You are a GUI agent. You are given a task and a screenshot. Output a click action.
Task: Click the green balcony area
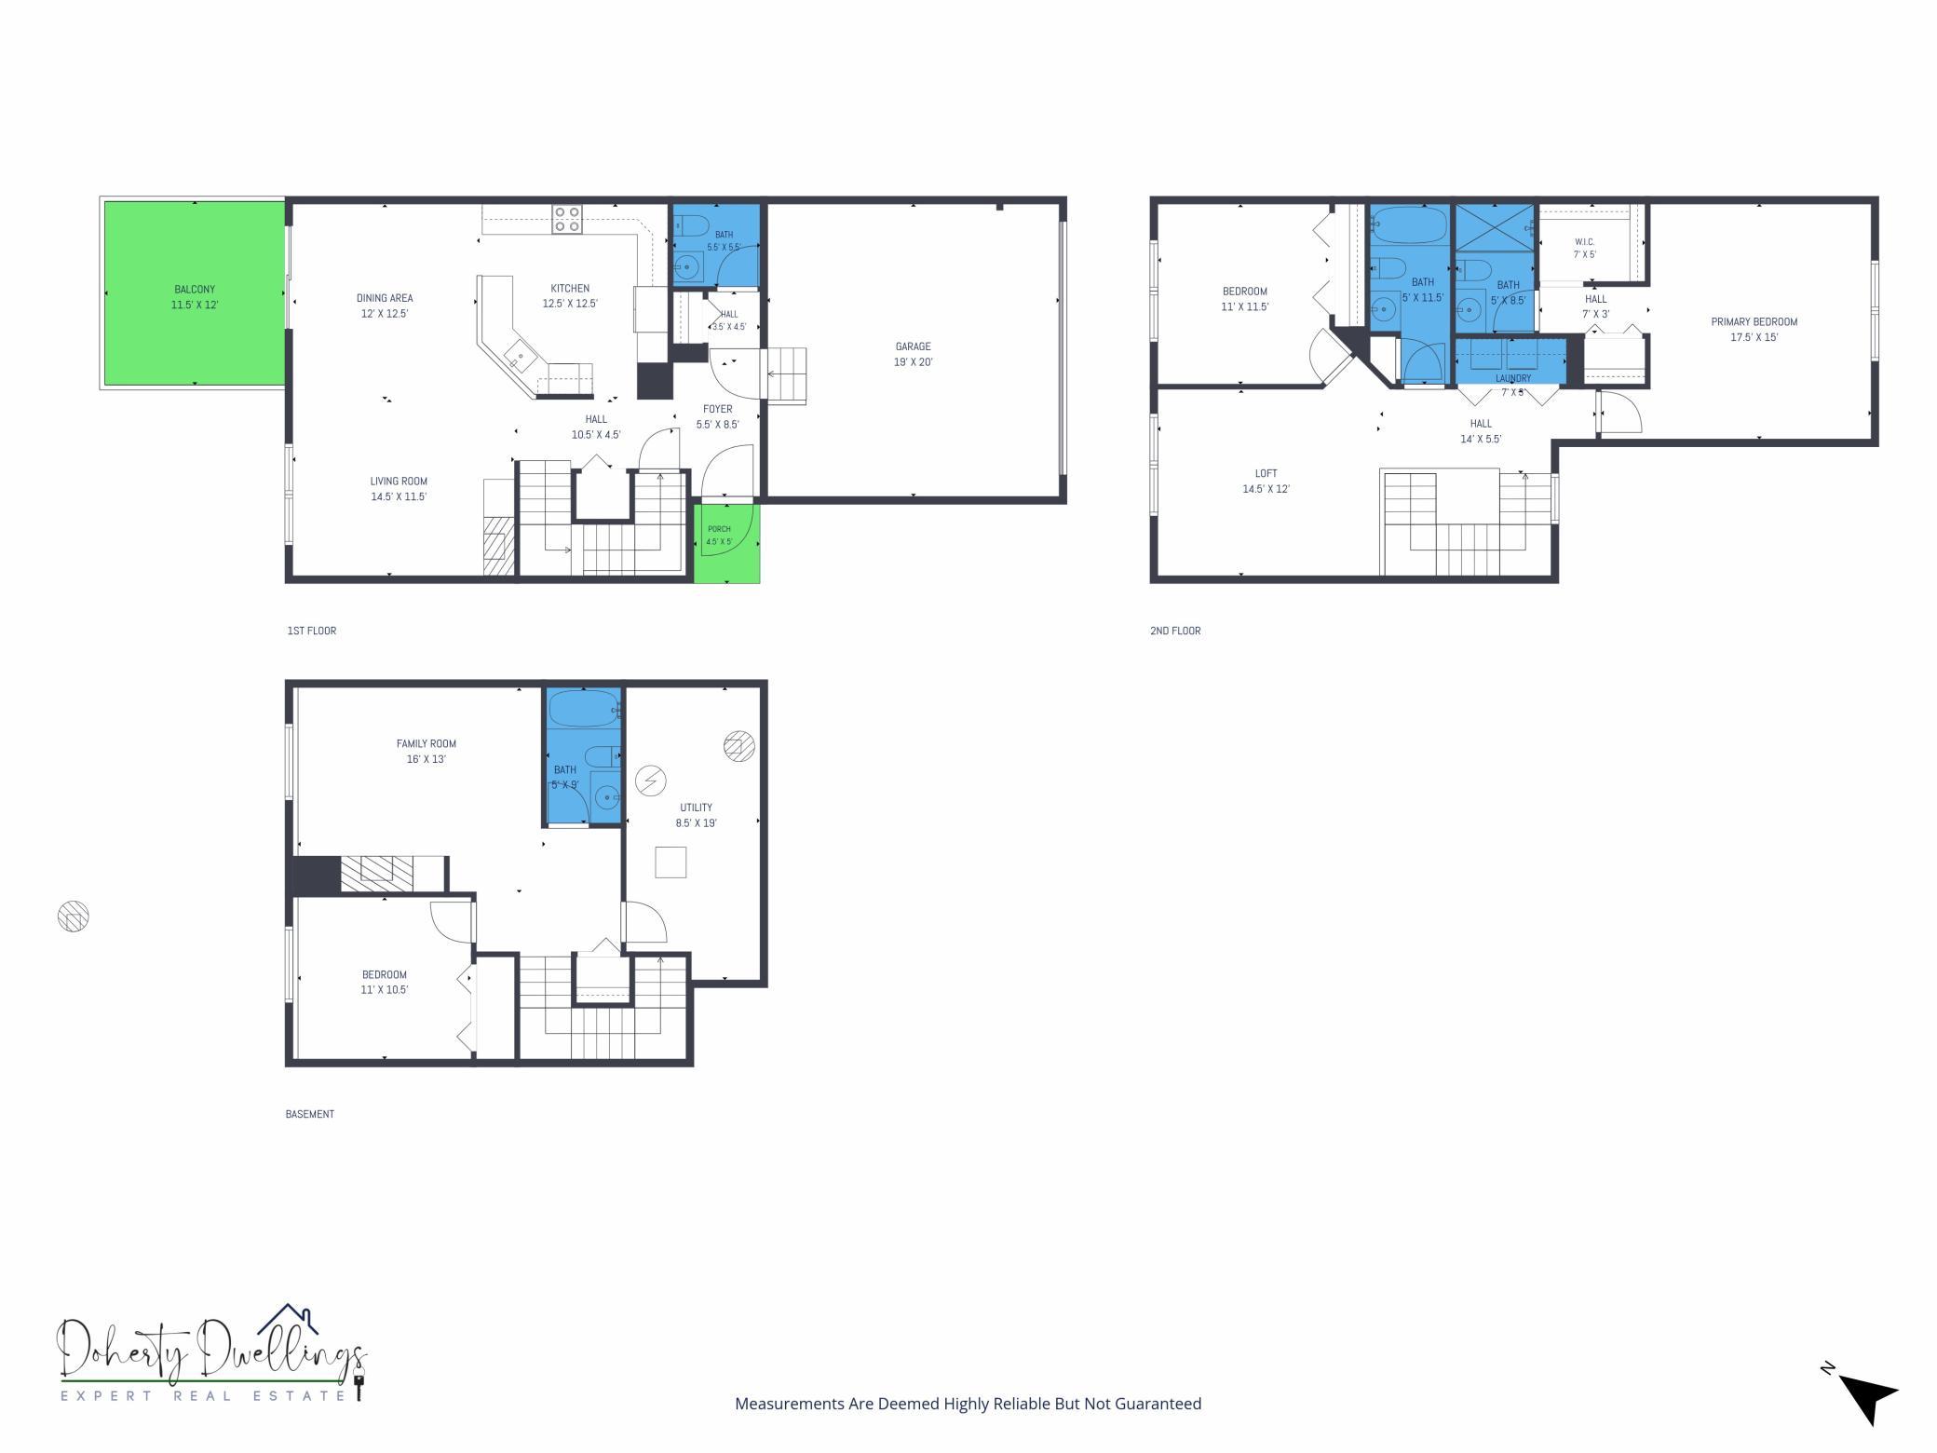pyautogui.click(x=194, y=292)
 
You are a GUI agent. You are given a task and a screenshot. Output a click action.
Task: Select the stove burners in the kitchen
pyautogui.click(x=567, y=219)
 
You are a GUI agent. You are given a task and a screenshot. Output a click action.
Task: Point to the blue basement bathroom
pyautogui.click(x=583, y=756)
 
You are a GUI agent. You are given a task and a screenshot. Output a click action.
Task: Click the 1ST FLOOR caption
pyautogui.click(x=312, y=631)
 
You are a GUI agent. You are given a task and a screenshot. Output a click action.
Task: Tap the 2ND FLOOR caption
pyautogui.click(x=1175, y=631)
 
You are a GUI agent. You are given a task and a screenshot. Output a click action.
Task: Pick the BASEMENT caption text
pyautogui.click(x=310, y=1114)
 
